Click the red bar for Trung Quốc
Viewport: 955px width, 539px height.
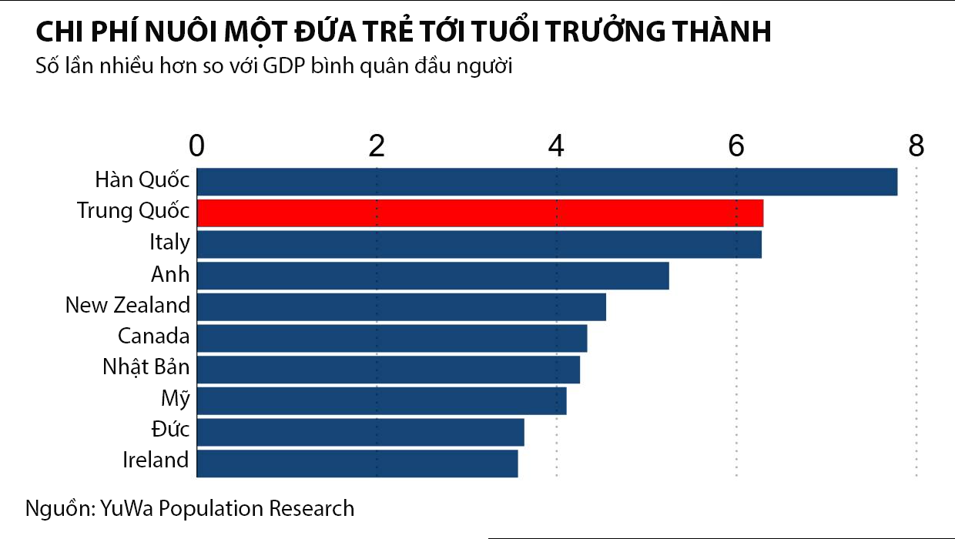click(480, 213)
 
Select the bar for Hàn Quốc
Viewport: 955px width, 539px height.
click(547, 181)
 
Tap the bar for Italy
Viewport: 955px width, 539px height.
click(479, 244)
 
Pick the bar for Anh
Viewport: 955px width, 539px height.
click(433, 276)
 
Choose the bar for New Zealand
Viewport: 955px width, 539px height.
click(401, 306)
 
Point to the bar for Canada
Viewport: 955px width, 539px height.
click(392, 338)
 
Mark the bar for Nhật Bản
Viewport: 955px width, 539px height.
click(388, 369)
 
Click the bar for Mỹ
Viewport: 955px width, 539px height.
click(381, 400)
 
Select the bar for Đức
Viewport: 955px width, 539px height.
click(360, 432)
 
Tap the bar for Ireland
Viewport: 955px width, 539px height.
click(357, 463)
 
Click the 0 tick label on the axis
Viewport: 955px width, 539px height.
click(197, 146)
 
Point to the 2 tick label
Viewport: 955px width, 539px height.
click(377, 146)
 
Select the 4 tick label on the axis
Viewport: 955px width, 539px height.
click(557, 146)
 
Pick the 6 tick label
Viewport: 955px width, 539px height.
click(736, 146)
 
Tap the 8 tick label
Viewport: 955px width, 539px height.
click(916, 146)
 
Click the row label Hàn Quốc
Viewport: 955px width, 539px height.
click(142, 180)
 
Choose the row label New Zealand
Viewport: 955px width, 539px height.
click(127, 305)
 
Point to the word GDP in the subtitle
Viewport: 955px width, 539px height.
click(283, 67)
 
